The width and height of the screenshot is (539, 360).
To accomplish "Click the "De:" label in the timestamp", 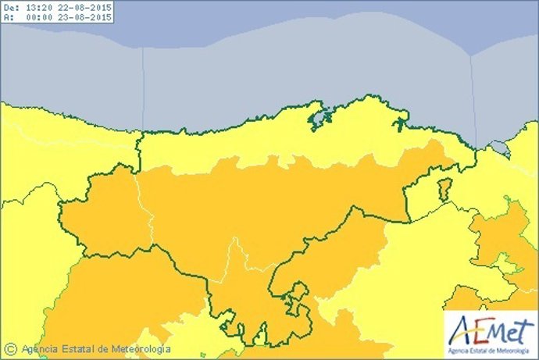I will [x=10, y=7].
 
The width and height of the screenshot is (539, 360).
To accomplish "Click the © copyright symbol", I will [x=10, y=349].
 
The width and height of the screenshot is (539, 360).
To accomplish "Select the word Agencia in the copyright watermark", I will [x=40, y=349].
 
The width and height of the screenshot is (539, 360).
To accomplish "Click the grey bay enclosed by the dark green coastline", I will [x=318, y=119].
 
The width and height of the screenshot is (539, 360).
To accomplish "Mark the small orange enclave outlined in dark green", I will [x=444, y=190].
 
